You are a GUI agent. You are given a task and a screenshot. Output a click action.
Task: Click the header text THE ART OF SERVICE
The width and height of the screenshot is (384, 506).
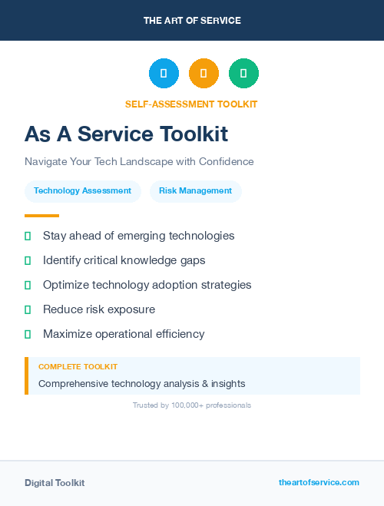[192, 21]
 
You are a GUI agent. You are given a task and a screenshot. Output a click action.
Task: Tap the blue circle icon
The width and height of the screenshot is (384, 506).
[164, 73]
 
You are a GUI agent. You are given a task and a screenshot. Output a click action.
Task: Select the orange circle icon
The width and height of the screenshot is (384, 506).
[204, 73]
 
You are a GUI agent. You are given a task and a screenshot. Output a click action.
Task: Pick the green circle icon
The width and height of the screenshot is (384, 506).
[243, 73]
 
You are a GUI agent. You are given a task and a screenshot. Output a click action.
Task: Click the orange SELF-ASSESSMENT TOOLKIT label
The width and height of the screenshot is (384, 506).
[191, 104]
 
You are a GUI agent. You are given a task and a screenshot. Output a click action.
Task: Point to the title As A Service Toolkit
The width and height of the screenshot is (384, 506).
[126, 134]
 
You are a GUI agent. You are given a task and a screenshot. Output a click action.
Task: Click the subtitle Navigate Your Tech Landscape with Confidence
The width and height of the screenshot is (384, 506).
[139, 162]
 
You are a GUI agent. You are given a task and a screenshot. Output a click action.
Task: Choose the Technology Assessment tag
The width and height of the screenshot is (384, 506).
[82, 191]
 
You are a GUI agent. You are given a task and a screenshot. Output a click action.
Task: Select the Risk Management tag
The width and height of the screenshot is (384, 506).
[195, 191]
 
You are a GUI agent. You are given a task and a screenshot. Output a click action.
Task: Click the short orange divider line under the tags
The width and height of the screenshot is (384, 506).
[41, 216]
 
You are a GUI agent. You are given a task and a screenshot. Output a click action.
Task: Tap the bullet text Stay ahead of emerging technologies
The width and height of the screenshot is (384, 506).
[138, 236]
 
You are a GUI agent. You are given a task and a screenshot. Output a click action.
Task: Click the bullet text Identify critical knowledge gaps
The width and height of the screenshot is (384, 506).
[124, 260]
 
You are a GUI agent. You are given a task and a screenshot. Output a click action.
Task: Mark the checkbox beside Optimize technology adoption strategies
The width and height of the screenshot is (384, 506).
[28, 285]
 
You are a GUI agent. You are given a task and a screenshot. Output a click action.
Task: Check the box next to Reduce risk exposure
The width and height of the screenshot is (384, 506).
[28, 309]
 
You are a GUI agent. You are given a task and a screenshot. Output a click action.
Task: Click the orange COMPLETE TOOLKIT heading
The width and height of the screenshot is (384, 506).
[78, 367]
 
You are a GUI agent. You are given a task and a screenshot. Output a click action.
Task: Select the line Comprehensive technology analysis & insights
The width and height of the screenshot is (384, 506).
[142, 383]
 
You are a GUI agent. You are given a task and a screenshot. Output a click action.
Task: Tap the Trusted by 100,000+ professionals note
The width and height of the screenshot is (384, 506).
[192, 405]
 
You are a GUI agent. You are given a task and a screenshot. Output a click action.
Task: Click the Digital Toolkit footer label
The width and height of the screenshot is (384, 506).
[55, 483]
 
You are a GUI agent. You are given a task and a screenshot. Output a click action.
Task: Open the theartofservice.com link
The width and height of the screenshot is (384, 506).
[319, 482]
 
